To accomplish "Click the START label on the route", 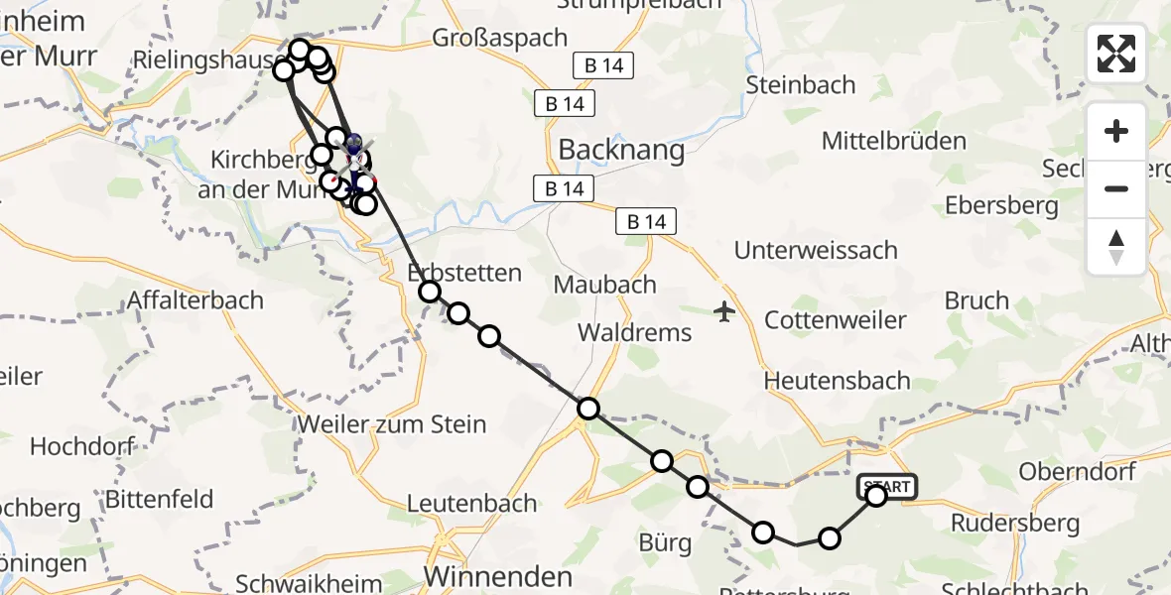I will pyautogui.click(x=886, y=487).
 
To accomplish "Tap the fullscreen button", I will pyautogui.click(x=1116, y=54).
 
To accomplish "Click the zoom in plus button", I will pyautogui.click(x=1116, y=131).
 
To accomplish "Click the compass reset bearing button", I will pyautogui.click(x=1116, y=247).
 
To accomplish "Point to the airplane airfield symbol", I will pyautogui.click(x=724, y=312).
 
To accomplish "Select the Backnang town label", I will pyautogui.click(x=622, y=150).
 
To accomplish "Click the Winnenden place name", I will pyautogui.click(x=498, y=577).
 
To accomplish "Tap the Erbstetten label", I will pyautogui.click(x=465, y=273).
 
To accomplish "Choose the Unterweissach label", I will pyautogui.click(x=816, y=251).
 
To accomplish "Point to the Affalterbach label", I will pyautogui.click(x=195, y=299).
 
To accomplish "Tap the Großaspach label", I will pyautogui.click(x=500, y=38).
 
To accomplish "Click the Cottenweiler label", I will pyautogui.click(x=836, y=320).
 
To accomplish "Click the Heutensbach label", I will pyautogui.click(x=837, y=380).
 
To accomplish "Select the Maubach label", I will pyautogui.click(x=604, y=285).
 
